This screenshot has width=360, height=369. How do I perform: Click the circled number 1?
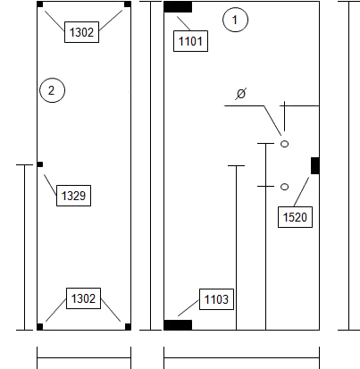click(235, 20)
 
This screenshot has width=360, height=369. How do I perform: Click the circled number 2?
click(52, 90)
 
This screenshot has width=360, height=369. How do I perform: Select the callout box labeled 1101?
click(190, 41)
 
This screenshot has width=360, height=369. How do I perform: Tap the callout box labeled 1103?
click(216, 299)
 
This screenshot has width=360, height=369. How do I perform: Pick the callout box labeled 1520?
click(295, 217)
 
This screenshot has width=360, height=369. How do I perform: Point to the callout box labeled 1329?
click(73, 196)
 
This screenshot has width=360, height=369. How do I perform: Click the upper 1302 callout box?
click(81, 32)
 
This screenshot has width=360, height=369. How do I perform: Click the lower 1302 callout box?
click(83, 298)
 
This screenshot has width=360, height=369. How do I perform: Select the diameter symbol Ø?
click(240, 94)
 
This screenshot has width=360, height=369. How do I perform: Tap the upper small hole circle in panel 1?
click(285, 144)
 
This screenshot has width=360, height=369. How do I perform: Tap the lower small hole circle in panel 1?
click(285, 187)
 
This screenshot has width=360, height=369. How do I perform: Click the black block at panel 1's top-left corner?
click(178, 7)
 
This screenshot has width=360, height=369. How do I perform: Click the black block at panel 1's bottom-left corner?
click(178, 325)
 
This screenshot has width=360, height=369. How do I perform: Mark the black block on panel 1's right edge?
click(315, 165)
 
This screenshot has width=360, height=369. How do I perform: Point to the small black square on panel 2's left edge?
click(40, 164)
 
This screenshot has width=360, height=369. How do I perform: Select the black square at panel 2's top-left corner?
click(40, 4)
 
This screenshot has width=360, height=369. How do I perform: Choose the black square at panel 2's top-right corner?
click(128, 4)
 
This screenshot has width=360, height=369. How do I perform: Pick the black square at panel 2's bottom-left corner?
click(40, 327)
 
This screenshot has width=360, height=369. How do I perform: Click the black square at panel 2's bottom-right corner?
click(128, 327)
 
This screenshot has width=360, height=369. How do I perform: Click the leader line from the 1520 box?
click(301, 192)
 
